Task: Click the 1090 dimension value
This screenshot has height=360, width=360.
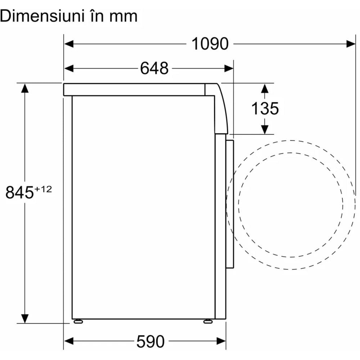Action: [210, 44]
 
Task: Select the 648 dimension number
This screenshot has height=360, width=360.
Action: [154, 68]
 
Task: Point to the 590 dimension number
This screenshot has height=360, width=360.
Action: [150, 341]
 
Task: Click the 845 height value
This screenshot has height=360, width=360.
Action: [19, 192]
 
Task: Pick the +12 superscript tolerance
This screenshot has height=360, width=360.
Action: [43, 189]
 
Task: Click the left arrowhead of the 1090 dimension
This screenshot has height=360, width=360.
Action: [69, 44]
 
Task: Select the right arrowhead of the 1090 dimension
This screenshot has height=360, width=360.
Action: [351, 44]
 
